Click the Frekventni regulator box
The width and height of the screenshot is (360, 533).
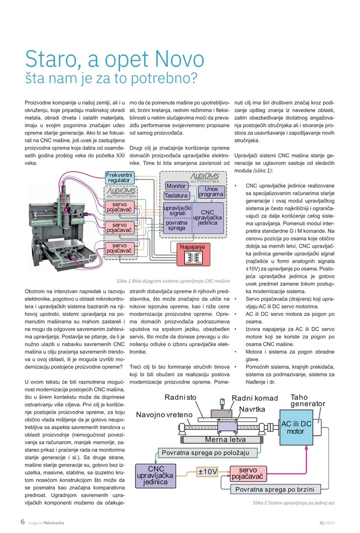click(119, 178)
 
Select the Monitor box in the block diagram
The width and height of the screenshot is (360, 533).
click(176, 186)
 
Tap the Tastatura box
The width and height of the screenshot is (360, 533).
click(176, 195)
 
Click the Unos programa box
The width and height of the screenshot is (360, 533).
click(211, 191)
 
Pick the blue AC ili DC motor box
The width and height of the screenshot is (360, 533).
click(296, 427)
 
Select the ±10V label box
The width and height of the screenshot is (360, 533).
click(207, 471)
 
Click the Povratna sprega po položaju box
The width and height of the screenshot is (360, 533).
click(205, 453)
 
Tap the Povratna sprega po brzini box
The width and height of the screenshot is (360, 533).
click(274, 490)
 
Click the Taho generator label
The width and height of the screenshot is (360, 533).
click(307, 400)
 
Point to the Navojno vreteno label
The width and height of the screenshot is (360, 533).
click(164, 415)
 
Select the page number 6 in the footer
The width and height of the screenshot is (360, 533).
click(22, 522)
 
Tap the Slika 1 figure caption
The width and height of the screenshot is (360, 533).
click(173, 281)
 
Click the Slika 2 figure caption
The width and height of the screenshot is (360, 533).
click(293, 503)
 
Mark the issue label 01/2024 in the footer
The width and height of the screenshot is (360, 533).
click(327, 523)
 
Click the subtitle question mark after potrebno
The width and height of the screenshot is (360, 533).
click(193, 78)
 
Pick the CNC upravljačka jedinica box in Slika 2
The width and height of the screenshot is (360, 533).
click(155, 475)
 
